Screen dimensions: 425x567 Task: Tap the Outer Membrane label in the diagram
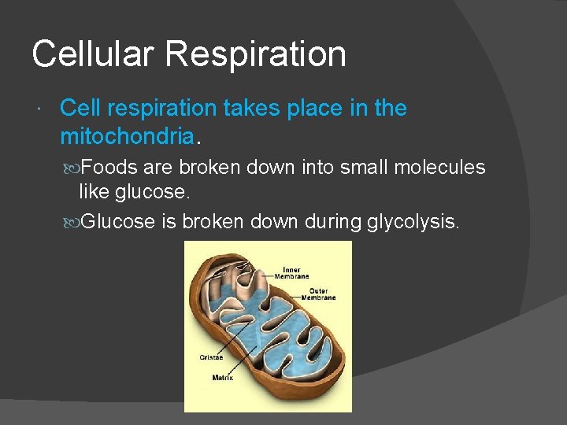pos(317,294)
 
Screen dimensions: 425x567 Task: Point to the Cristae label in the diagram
pos(210,357)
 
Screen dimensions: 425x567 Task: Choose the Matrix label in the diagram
pos(223,378)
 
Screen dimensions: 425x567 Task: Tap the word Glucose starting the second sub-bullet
pos(118,222)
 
